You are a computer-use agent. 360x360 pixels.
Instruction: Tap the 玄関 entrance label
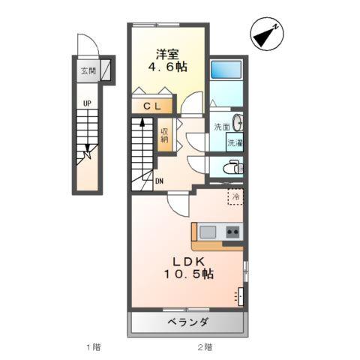(88, 72)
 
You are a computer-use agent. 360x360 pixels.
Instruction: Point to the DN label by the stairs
(160, 181)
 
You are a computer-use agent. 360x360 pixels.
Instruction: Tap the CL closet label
(153, 106)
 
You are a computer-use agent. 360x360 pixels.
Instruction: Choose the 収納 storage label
(164, 136)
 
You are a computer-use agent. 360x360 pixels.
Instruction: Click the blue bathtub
(226, 70)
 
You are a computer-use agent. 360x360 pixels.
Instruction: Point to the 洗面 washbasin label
(220, 126)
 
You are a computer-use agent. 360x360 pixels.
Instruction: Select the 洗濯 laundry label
(235, 142)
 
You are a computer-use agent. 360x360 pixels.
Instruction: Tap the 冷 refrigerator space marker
(235, 196)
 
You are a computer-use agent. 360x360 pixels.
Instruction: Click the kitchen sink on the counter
(208, 231)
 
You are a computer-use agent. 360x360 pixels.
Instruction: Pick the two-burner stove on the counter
(232, 231)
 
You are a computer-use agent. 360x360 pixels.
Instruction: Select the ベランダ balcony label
(188, 322)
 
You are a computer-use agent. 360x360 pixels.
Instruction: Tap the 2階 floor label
(205, 346)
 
